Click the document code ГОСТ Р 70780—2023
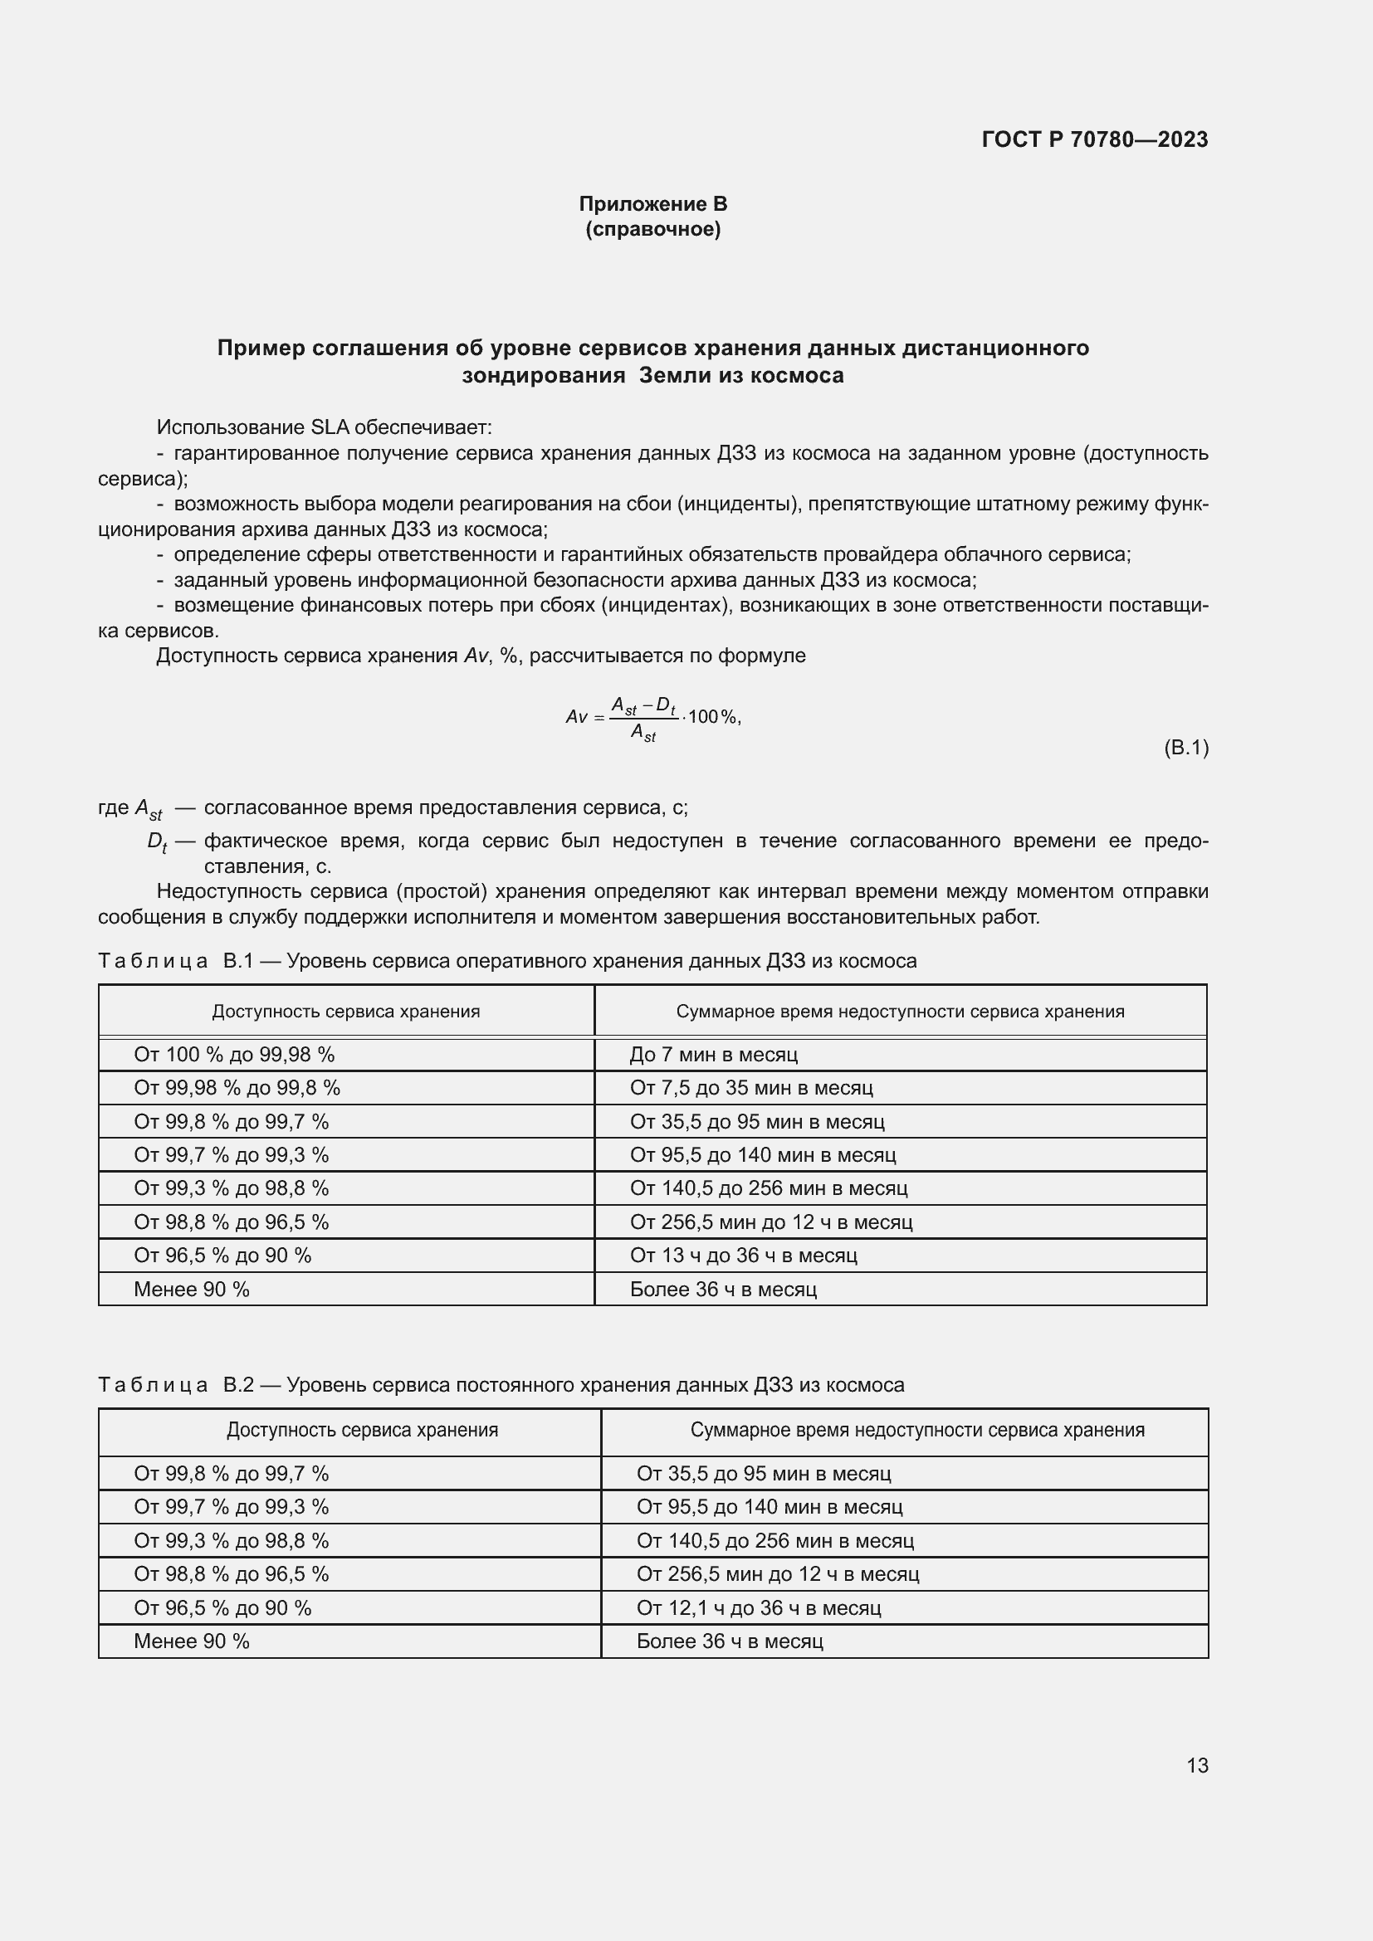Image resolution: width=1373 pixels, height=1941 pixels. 1094,139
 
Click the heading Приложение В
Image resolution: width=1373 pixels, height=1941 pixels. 652,204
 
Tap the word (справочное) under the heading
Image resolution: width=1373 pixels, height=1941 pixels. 652,229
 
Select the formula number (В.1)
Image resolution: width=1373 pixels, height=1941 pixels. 1185,748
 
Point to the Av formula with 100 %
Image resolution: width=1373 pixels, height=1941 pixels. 652,718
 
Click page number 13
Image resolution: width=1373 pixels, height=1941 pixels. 1196,1765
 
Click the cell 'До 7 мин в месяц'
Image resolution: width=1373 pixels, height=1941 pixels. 714,1054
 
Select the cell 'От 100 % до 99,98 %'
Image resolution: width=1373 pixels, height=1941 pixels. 234,1054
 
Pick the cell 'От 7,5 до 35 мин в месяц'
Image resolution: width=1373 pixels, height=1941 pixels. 750,1088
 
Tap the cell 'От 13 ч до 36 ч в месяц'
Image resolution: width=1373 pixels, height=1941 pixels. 743,1256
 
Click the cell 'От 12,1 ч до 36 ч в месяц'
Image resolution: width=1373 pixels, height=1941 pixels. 759,1608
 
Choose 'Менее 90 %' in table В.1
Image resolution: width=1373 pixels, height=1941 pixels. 192,1290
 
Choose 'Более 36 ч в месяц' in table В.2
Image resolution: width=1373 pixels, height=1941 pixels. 730,1641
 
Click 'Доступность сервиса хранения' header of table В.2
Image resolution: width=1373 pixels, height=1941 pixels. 362,1430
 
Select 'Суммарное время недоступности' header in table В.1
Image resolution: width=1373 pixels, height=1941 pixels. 900,1011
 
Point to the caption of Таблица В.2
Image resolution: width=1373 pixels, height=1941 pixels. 501,1385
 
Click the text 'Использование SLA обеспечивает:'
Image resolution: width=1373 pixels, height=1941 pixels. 324,427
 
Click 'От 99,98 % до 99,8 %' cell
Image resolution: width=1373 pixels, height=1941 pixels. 237,1088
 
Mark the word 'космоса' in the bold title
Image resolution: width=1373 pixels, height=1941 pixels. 800,375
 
